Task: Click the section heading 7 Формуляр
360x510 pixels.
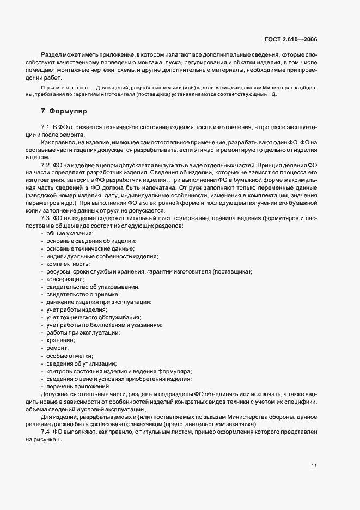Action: pos(60,111)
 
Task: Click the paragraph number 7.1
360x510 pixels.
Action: pos(45,127)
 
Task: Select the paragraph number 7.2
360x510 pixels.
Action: pos(45,165)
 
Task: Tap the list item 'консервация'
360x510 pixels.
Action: pos(65,279)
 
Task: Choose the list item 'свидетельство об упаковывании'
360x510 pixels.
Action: pos(93,287)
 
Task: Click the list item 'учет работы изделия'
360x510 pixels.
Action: pos(76,309)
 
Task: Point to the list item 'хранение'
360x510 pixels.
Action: pos(61,340)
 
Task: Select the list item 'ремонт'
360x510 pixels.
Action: pos(58,348)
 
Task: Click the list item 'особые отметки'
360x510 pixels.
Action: pos(70,355)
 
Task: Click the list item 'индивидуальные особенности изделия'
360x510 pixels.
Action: pos(102,256)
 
